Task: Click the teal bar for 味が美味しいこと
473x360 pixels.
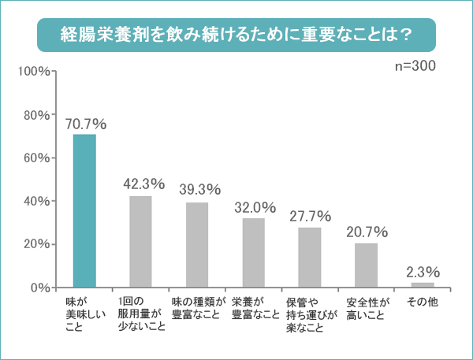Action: (84, 210)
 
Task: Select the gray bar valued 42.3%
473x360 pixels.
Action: (140, 241)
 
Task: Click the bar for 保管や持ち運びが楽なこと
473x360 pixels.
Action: (310, 257)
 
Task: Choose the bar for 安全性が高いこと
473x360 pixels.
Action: (367, 265)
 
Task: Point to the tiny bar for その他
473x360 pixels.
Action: (423, 284)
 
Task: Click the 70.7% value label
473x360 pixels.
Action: (86, 124)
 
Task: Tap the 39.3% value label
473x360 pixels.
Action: (199, 191)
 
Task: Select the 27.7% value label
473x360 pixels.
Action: (311, 216)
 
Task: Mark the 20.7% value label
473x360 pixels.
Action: (367, 232)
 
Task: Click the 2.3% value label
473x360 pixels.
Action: (423, 272)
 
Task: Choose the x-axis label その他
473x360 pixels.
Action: (423, 302)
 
